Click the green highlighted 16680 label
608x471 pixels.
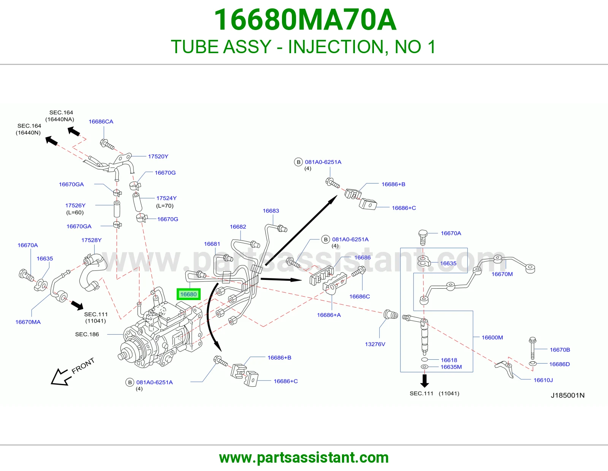(188, 294)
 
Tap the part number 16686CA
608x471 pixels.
(101, 122)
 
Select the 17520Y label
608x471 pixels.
(158, 156)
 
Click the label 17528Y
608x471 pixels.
(91, 240)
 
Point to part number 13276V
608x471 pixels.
(375, 344)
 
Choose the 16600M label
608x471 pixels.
(492, 337)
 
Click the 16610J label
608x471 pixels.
(543, 380)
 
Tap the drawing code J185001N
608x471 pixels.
(568, 395)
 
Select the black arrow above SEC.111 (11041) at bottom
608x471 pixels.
(424, 381)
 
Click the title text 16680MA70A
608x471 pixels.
(305, 20)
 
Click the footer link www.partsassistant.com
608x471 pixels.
(304, 458)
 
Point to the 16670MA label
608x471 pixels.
(28, 322)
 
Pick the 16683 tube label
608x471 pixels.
(271, 210)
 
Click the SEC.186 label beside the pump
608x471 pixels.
(87, 334)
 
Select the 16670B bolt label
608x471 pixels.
(560, 349)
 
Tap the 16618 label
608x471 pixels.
(449, 360)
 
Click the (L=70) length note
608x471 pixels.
(165, 206)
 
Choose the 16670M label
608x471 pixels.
(502, 274)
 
